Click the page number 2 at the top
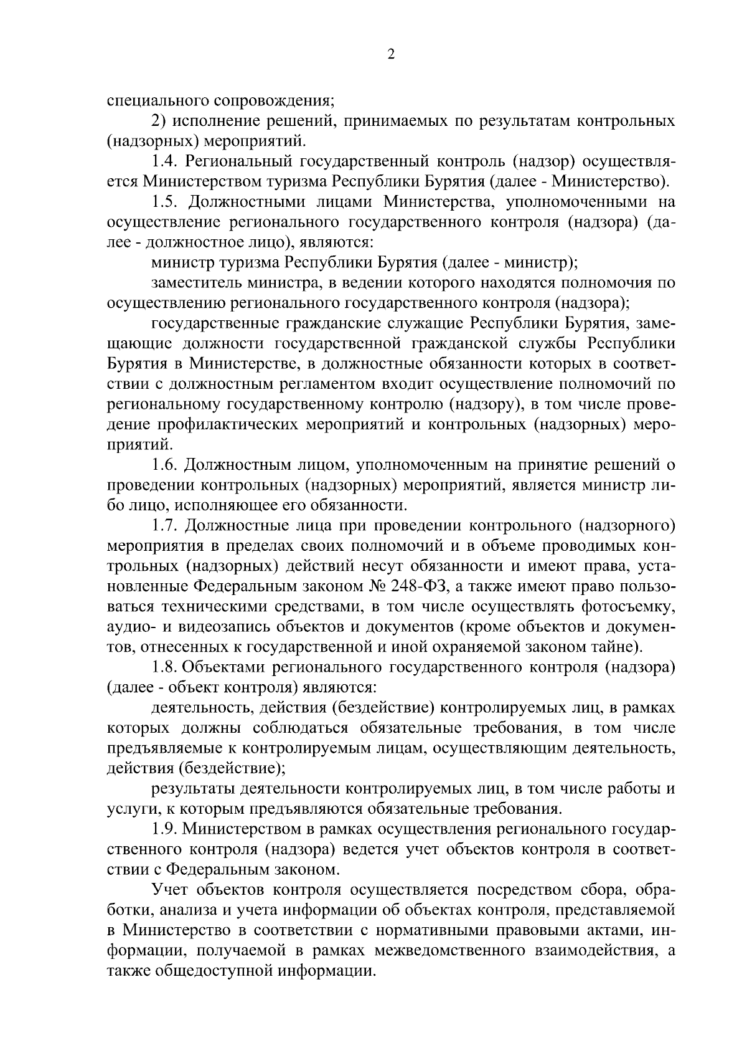click(391, 55)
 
